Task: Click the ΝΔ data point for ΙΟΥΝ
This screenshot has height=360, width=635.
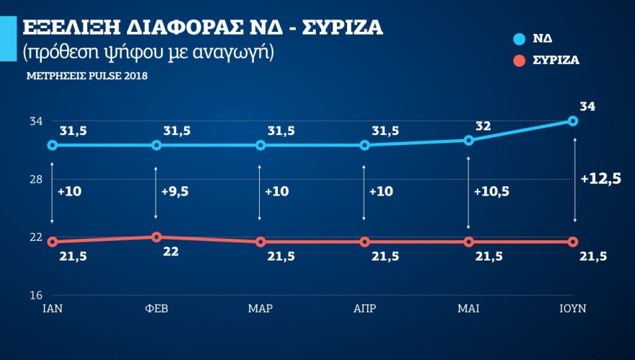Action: (x=573, y=121)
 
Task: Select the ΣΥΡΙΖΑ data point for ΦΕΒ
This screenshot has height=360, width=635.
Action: (x=156, y=237)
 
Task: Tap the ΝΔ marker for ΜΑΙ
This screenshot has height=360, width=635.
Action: (x=469, y=140)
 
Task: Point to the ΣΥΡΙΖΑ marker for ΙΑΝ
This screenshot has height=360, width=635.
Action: (x=52, y=242)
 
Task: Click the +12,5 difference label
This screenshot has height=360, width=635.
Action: (x=600, y=179)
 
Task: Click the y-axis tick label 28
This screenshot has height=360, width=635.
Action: (x=35, y=180)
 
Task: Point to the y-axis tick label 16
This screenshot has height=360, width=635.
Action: (x=35, y=295)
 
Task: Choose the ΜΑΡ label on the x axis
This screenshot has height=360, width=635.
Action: (x=260, y=309)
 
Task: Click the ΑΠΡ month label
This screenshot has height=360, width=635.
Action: (x=364, y=309)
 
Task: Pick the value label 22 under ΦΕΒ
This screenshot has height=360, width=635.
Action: (x=170, y=253)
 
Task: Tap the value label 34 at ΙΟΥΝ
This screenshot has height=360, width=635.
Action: (x=587, y=107)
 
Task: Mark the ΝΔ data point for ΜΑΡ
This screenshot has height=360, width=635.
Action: (x=260, y=145)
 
